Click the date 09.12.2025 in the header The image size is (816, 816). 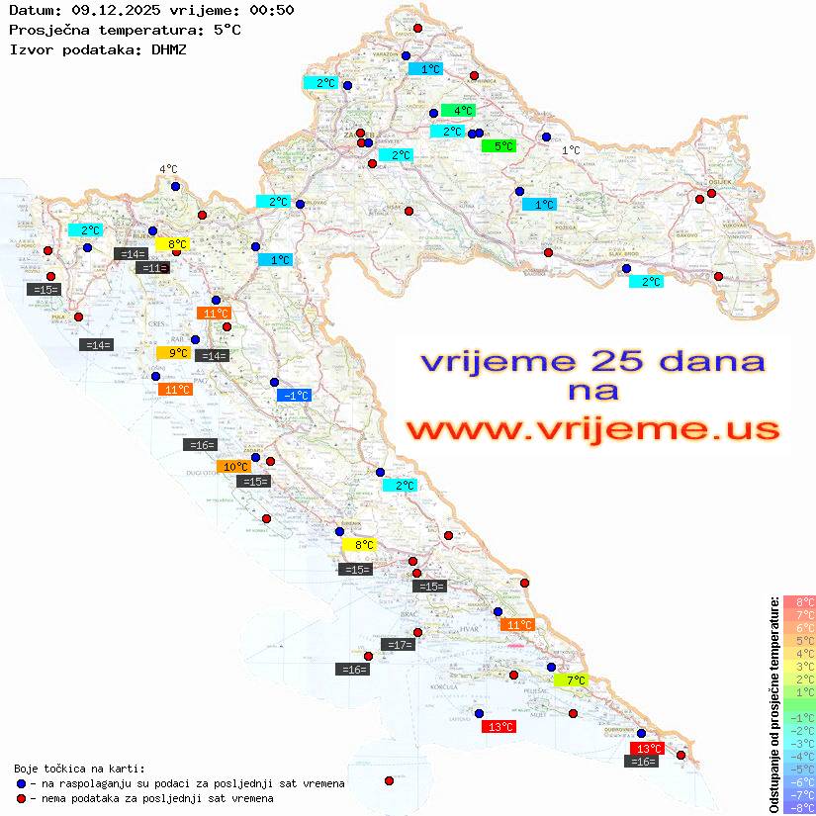click(x=108, y=11)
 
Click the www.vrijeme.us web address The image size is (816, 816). click(x=591, y=428)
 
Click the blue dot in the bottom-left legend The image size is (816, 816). click(x=22, y=783)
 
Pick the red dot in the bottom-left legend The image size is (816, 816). click(x=22, y=798)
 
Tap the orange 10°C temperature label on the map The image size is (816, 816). click(x=235, y=467)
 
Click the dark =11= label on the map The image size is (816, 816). click(x=152, y=268)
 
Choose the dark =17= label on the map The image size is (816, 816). click(x=398, y=645)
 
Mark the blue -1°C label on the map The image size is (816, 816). click(x=294, y=396)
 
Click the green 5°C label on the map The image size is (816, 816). click(x=499, y=146)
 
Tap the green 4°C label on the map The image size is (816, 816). click(x=458, y=111)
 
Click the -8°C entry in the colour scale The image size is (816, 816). click(x=798, y=807)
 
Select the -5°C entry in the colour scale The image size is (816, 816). click(x=798, y=769)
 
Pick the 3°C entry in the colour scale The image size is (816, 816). click(x=798, y=666)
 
